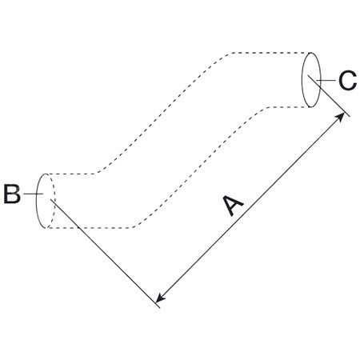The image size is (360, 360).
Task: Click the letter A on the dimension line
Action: pos(233,206)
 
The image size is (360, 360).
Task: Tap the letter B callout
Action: pos(12,194)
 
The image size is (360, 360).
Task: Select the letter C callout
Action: pos(347,80)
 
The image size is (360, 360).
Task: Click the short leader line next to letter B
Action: pos(33,194)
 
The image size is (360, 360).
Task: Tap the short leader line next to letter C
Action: pos(326,80)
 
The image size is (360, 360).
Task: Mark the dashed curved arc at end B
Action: pos(55,200)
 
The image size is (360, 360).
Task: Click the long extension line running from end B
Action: pos(105,254)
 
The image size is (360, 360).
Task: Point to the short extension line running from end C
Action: pos(329,96)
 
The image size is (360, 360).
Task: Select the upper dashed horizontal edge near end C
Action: pos(271,53)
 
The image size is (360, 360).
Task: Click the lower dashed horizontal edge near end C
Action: pos(290,107)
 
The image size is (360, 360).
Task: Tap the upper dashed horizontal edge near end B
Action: pos(70,174)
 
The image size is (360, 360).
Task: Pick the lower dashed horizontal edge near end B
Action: pos(90,228)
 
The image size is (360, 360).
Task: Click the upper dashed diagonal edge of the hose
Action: pos(162,114)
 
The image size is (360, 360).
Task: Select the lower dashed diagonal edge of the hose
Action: pos(201,167)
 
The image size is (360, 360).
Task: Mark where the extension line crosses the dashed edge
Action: pos(79,228)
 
